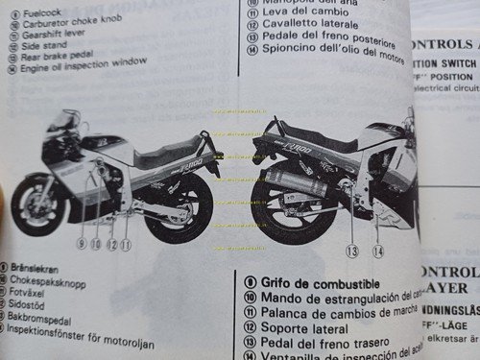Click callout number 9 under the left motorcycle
coord(83,244)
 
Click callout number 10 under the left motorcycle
coord(97,244)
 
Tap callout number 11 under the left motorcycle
coord(125,244)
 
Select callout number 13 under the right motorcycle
coord(351,251)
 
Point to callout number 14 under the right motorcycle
coord(377,251)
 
